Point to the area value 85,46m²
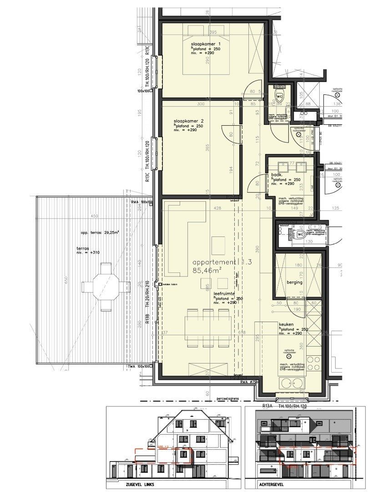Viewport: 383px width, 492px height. (x=207, y=270)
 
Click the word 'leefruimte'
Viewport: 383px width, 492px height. (x=223, y=294)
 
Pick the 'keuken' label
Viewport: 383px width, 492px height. (x=285, y=324)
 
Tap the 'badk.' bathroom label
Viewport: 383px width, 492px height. (x=277, y=174)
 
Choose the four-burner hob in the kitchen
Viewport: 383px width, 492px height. (x=314, y=364)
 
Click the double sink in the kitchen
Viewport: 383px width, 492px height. (x=288, y=384)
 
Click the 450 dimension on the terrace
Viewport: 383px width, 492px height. (x=94, y=216)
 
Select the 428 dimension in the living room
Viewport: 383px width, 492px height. (x=218, y=208)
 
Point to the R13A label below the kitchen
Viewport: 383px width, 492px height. (x=267, y=405)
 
